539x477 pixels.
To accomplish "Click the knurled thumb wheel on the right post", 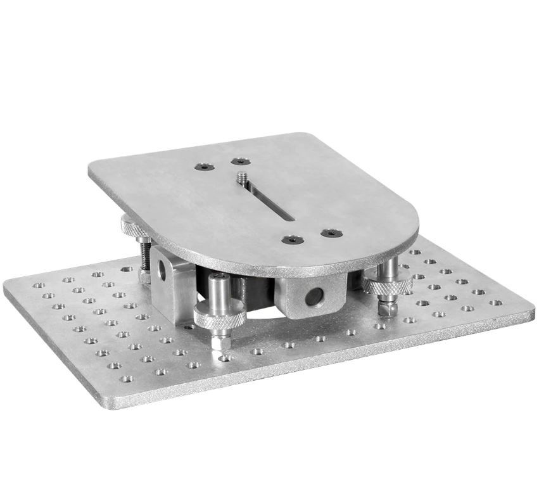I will click(387, 286).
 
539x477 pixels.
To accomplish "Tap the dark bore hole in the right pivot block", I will click(312, 296).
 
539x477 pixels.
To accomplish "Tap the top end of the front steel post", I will click(219, 279).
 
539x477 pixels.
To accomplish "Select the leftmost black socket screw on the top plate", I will click(203, 167).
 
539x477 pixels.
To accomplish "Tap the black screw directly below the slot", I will click(292, 240).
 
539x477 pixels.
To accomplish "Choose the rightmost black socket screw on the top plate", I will click(331, 232).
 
